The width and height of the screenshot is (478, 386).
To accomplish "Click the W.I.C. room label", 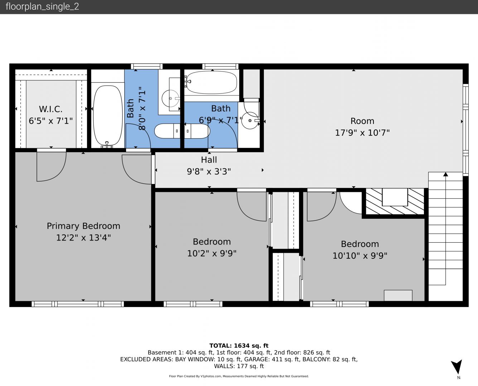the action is (x=51, y=109).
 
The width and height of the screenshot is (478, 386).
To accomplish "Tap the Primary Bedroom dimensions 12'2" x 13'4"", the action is (x=83, y=237).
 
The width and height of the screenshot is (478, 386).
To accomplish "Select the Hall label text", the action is (x=209, y=160).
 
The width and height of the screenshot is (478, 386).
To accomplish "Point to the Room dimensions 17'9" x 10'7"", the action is (x=362, y=133).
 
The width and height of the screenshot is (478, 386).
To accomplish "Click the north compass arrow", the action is (x=457, y=367).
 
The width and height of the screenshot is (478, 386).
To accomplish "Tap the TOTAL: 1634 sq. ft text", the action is (x=239, y=346).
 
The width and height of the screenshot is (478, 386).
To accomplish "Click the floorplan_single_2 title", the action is (x=42, y=7).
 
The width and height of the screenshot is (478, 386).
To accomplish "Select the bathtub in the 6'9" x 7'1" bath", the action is (x=212, y=82).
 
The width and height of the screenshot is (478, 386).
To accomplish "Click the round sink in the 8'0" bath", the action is (x=170, y=98).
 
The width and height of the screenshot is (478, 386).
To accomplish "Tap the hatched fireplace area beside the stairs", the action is (x=395, y=201).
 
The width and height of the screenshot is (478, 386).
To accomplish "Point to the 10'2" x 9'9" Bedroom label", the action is (x=212, y=242).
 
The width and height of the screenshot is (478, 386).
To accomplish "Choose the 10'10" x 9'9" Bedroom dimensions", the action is (x=360, y=256).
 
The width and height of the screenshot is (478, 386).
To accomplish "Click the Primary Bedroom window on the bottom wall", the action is (x=78, y=304).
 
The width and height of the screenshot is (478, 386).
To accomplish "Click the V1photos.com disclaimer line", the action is (x=239, y=376).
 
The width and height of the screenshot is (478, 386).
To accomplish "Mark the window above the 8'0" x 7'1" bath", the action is (x=147, y=66).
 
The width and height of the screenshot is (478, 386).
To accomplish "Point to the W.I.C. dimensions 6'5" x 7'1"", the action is (x=51, y=121).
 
